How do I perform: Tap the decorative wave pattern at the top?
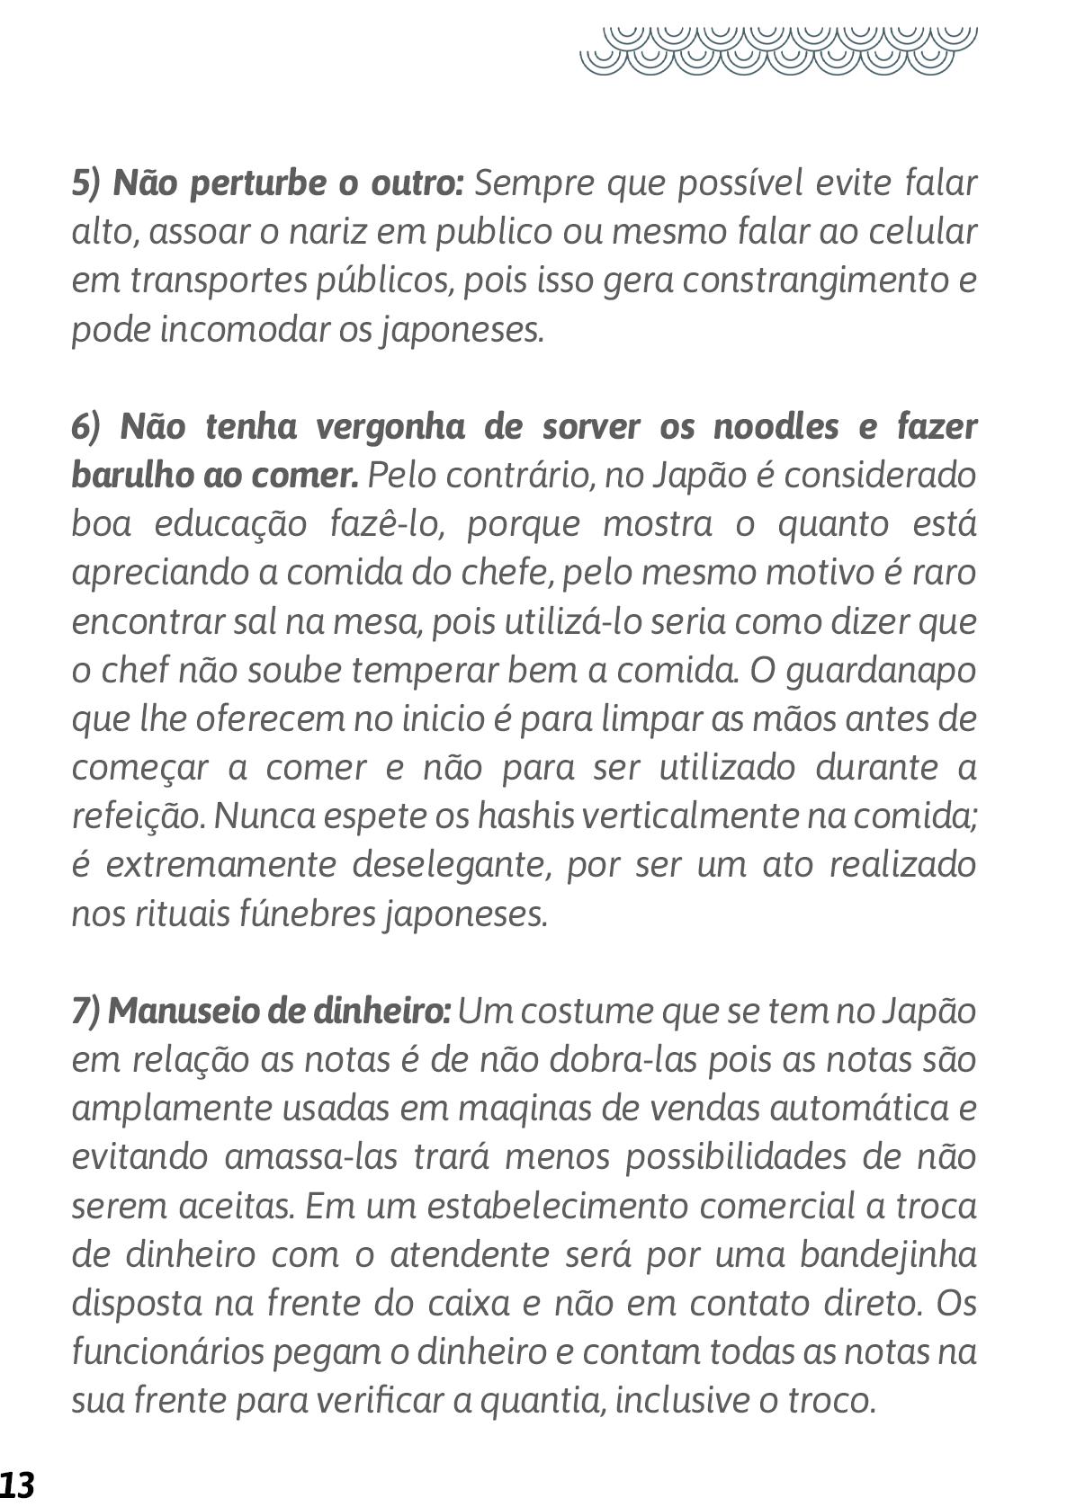[x=778, y=49]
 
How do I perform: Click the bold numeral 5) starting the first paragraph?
[x=88, y=183]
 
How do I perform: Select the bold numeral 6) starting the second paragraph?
[x=88, y=426]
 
